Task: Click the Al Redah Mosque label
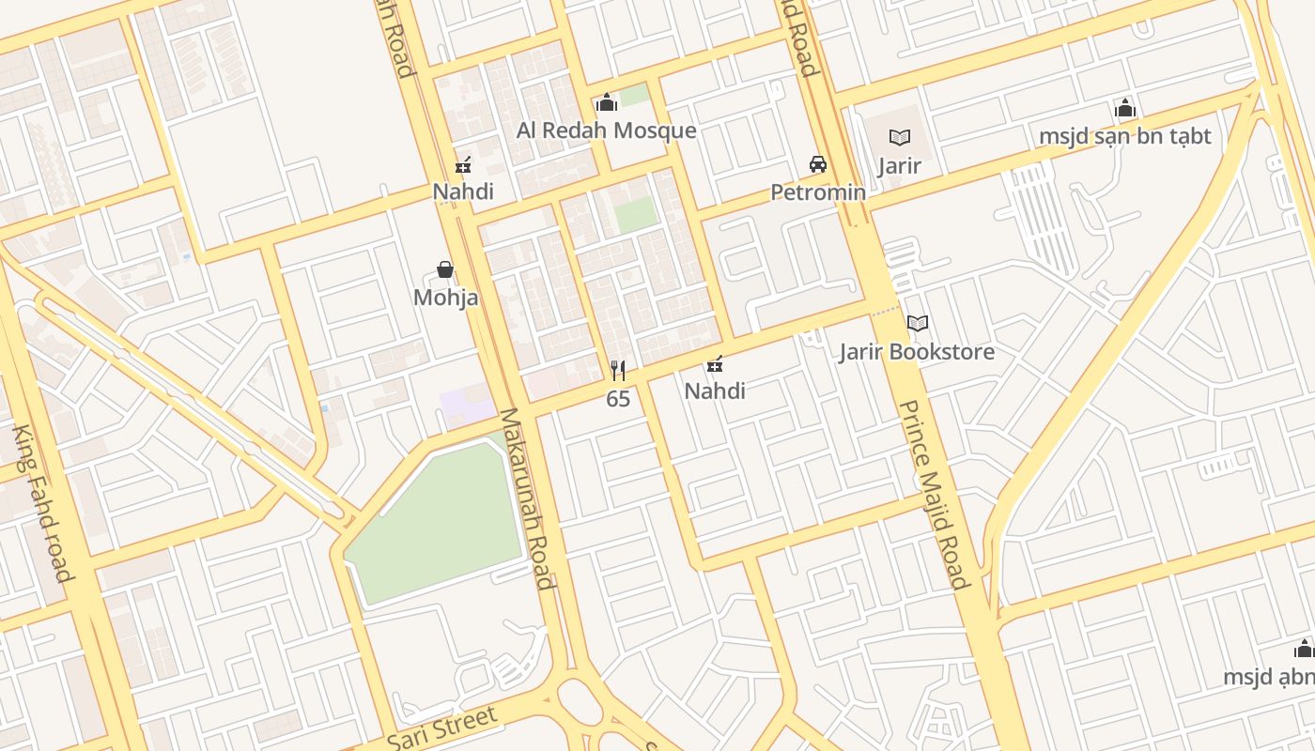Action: (x=606, y=130)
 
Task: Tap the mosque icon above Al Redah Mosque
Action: (x=607, y=101)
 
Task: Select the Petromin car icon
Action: (x=818, y=164)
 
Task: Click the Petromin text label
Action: (x=818, y=192)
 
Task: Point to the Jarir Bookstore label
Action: (x=917, y=352)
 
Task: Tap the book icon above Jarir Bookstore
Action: (x=918, y=324)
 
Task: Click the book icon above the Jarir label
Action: (x=900, y=138)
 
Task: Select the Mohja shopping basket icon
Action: (x=445, y=270)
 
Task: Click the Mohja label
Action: (x=445, y=298)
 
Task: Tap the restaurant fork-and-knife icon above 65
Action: (x=617, y=371)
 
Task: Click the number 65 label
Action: (x=617, y=399)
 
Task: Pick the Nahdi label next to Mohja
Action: (x=463, y=192)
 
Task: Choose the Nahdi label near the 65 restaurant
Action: (x=715, y=391)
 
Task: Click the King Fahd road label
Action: (x=42, y=502)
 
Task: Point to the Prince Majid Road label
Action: (x=933, y=495)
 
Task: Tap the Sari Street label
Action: (x=441, y=728)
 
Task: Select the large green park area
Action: (x=432, y=526)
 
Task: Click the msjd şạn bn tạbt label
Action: (x=1124, y=136)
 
